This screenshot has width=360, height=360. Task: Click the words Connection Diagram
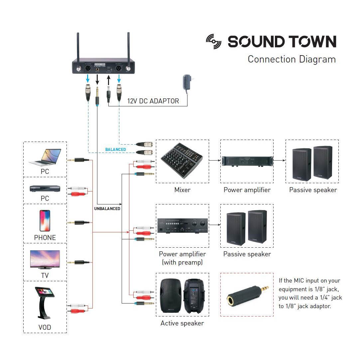tap(292, 59)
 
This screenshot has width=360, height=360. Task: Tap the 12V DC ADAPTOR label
tap(153, 101)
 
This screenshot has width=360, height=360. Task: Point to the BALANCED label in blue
tap(115, 150)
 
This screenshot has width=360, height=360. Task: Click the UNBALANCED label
tap(107, 209)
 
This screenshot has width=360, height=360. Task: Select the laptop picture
tap(45, 157)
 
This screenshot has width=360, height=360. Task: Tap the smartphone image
tap(45, 220)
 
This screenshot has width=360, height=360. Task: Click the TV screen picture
tap(45, 259)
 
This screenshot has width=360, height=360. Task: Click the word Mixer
tap(182, 190)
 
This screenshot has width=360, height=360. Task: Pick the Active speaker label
tap(182, 323)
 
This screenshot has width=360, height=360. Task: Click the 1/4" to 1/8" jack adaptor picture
tap(247, 295)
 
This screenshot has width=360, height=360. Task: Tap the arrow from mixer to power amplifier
tap(215, 161)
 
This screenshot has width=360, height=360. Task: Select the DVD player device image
tap(45, 188)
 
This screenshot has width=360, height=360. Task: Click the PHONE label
tap(45, 238)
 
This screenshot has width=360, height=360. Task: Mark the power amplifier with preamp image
tap(182, 226)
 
